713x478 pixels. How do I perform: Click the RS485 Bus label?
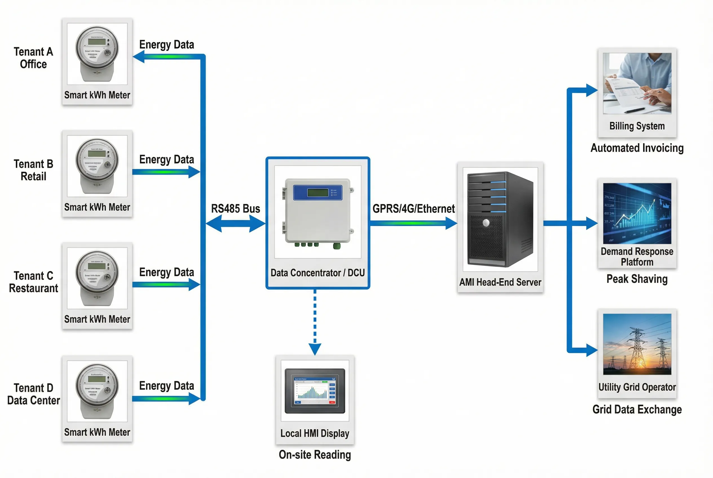click(235, 209)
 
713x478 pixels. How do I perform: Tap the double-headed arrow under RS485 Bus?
click(235, 223)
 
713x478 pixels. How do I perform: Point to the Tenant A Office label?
click(33, 58)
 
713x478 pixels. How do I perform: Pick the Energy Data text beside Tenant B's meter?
click(167, 160)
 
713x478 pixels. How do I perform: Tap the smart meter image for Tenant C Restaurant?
click(97, 278)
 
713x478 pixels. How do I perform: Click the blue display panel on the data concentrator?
click(317, 193)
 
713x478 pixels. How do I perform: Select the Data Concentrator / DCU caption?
click(317, 273)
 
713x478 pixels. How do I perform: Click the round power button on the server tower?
click(486, 223)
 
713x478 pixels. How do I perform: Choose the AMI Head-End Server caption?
click(500, 282)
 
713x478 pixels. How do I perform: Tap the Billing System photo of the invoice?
click(637, 83)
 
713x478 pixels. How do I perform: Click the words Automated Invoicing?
click(637, 148)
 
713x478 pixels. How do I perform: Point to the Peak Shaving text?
click(637, 279)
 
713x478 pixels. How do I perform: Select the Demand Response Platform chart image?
click(637, 213)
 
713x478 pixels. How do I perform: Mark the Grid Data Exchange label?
click(637, 410)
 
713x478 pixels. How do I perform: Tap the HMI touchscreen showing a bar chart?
click(314, 391)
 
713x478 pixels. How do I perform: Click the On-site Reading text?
click(314, 455)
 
